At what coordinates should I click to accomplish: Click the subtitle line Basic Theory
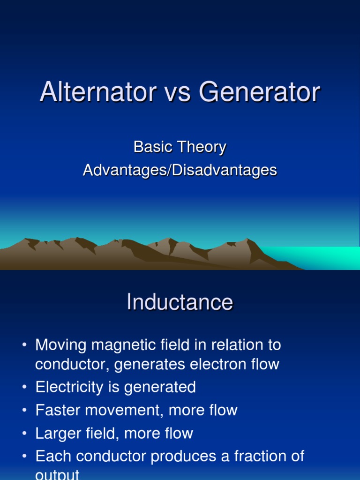(x=180, y=147)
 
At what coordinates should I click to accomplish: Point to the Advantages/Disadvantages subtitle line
(x=180, y=170)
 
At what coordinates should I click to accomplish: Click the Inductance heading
(x=180, y=302)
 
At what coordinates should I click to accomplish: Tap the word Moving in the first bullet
(x=61, y=345)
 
